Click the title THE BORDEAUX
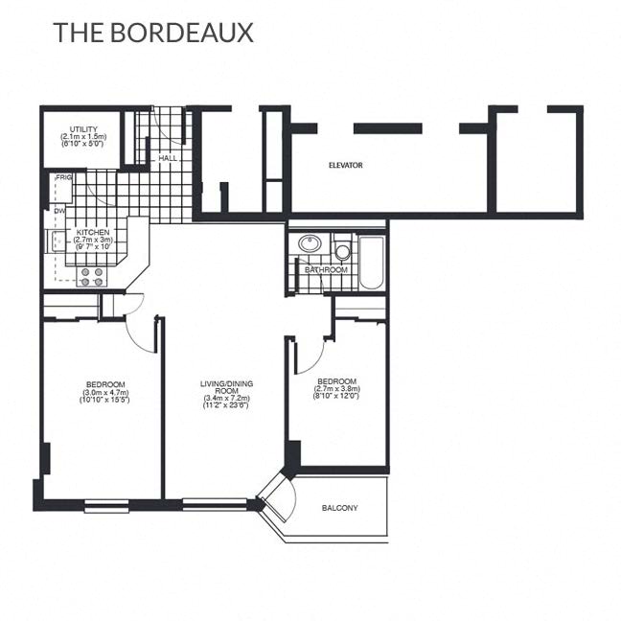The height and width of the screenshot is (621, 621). pos(153,32)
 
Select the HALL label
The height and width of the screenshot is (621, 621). pos(168,157)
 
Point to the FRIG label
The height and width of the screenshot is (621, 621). pos(64,177)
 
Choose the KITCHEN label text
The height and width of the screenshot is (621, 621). pos(92,232)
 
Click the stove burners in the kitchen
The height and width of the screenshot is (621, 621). pos(93,276)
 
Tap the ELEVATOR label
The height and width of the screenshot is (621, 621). pos(345,166)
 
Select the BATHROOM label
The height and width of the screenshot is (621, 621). pos(326,270)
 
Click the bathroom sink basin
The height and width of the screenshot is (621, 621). pos(310,243)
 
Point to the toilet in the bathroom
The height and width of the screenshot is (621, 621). pos(342,250)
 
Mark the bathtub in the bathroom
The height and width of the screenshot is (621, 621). pos(371,262)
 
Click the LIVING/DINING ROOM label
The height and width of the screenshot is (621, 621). pos(226,387)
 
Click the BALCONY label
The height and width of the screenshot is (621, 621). pos(340,508)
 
